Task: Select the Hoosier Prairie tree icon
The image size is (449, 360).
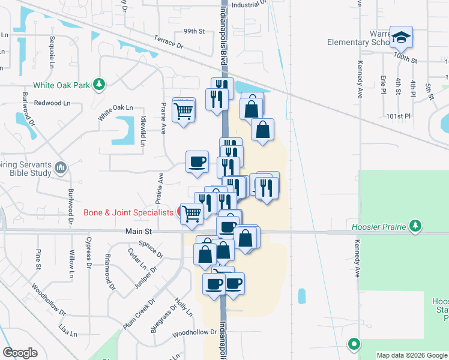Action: [x=415, y=226]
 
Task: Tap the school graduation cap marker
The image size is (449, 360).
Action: [x=400, y=37]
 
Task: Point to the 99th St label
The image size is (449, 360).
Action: [x=194, y=31]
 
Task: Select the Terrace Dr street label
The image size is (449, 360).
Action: [x=167, y=41]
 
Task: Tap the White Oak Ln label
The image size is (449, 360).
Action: [x=116, y=107]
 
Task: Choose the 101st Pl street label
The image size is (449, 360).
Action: [x=398, y=115]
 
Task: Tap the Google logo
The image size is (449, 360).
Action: [x=20, y=353]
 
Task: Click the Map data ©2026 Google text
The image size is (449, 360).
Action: [x=412, y=355]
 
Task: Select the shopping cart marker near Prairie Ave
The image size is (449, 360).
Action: [x=184, y=110]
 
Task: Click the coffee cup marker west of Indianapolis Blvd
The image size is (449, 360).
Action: [x=197, y=161]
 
